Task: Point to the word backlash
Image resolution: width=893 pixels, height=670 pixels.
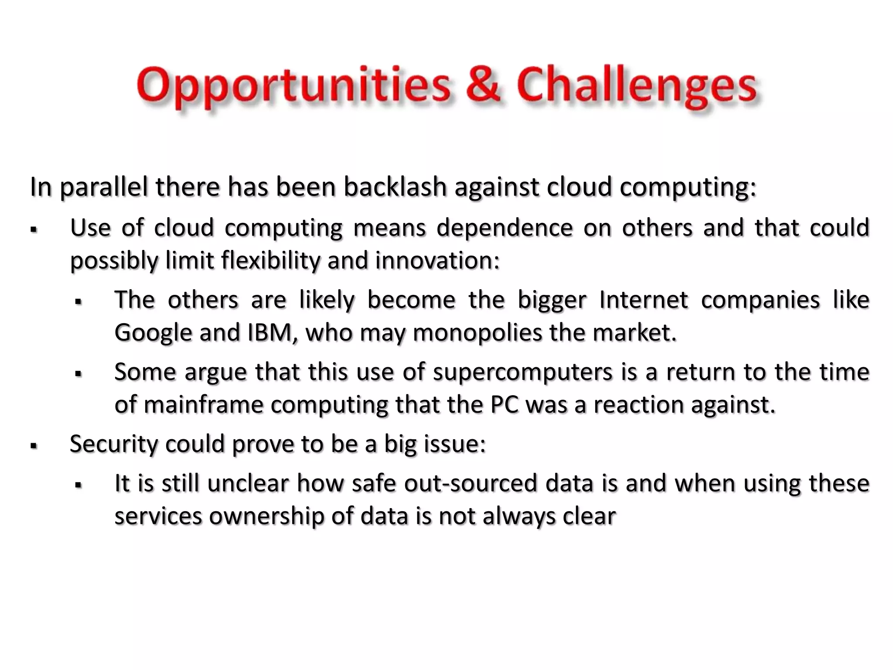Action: (x=395, y=187)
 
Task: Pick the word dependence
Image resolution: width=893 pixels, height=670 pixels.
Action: (x=504, y=228)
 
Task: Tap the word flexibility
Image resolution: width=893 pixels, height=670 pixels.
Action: (x=271, y=261)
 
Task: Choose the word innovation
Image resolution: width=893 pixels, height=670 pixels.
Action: (x=437, y=260)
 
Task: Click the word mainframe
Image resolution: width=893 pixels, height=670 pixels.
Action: (x=203, y=405)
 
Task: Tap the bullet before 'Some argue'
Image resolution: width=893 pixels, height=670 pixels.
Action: (x=78, y=374)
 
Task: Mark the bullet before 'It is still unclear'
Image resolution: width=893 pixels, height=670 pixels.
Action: (x=78, y=485)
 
